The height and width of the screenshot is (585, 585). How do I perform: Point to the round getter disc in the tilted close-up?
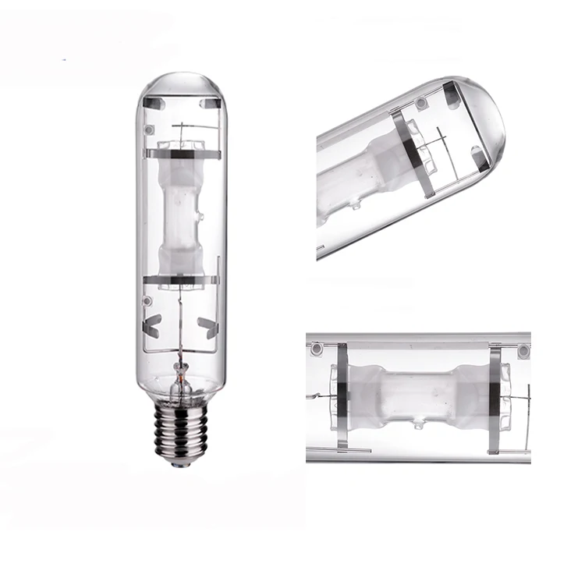(x=422, y=103)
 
